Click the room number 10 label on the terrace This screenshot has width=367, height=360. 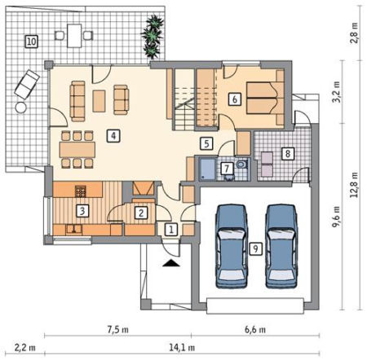point(31,42)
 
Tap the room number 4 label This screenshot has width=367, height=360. point(113,135)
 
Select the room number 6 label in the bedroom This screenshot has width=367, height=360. point(234,99)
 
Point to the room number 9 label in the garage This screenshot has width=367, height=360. point(255,248)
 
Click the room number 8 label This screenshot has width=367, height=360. point(287,153)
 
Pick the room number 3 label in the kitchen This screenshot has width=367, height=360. point(82,211)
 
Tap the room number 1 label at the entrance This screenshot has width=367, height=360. point(171,230)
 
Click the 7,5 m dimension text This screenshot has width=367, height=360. point(118,330)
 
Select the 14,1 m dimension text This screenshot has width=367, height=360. point(182,347)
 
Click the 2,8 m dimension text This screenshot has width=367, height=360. point(354,33)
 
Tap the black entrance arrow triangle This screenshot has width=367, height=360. point(170,263)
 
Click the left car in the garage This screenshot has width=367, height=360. point(232,246)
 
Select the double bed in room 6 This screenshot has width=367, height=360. point(265,98)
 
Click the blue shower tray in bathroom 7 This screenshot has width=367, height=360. point(207,169)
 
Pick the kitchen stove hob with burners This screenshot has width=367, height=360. point(81,191)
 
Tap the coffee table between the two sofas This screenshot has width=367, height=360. point(99,101)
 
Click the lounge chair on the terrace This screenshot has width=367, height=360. point(27,85)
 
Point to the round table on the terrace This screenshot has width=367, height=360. point(21,108)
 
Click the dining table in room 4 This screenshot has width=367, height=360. point(77,150)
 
